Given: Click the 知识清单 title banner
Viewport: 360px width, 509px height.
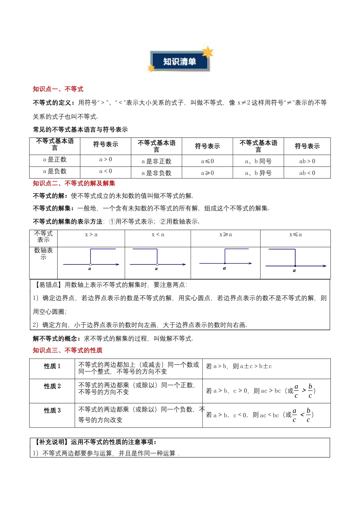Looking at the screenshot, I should click(180, 61).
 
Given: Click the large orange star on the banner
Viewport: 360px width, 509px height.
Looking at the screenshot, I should click(207, 52).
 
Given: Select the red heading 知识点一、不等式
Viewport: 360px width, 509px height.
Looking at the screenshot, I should click(58, 89).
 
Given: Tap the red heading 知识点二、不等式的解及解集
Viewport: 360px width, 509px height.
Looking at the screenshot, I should click(74, 183).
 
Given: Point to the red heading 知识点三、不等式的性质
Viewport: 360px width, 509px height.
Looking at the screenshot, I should click(67, 350).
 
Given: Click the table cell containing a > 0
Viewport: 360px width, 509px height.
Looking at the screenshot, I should click(105, 159).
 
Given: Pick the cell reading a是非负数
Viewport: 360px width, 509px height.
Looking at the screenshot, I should click(156, 173).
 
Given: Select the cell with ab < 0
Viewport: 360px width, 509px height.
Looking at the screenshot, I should click(307, 173).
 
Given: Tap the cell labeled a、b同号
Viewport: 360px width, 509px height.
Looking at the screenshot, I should click(258, 161).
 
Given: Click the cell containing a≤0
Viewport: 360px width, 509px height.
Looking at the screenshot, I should click(207, 161).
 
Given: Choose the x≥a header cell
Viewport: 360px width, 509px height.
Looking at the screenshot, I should click(225, 235).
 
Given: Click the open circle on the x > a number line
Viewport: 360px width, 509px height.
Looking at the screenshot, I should click(91, 264).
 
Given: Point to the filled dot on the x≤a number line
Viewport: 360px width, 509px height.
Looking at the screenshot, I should click(295, 266).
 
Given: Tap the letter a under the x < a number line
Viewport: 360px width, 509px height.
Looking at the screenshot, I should click(156, 269).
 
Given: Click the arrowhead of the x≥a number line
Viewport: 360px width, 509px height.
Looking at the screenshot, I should click(250, 263).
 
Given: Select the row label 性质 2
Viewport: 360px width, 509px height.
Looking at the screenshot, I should click(52, 386).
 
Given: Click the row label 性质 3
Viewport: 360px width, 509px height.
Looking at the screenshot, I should click(52, 411).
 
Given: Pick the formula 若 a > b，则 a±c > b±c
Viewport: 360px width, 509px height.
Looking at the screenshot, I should click(239, 366).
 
